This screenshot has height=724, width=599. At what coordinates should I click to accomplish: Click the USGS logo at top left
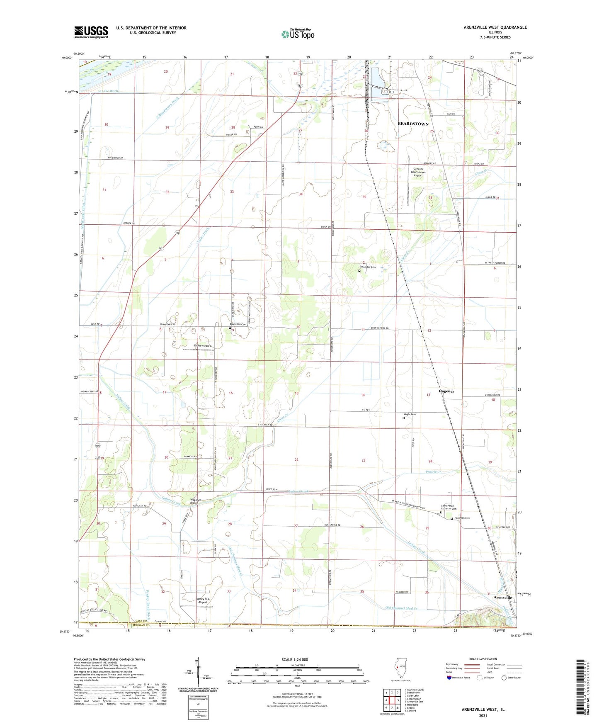point(91,32)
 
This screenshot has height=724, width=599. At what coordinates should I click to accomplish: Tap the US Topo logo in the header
point(298,34)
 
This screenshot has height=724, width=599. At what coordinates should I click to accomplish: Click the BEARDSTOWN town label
point(413,124)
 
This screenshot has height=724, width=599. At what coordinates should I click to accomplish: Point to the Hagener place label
point(446,391)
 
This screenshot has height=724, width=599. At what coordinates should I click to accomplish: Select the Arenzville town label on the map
point(503,597)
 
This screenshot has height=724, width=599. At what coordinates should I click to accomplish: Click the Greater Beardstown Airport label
point(418,172)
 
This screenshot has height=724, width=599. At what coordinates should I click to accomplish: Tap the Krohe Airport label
point(203,345)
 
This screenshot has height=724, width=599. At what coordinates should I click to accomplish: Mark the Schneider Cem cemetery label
point(367,267)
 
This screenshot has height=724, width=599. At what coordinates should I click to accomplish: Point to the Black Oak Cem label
point(238,324)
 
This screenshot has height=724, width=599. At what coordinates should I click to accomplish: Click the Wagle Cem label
point(410,414)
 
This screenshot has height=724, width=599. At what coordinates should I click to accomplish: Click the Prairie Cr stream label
point(434,472)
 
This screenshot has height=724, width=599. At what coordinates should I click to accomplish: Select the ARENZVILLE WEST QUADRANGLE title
point(495,27)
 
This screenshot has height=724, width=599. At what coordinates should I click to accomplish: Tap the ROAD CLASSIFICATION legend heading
point(483,659)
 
